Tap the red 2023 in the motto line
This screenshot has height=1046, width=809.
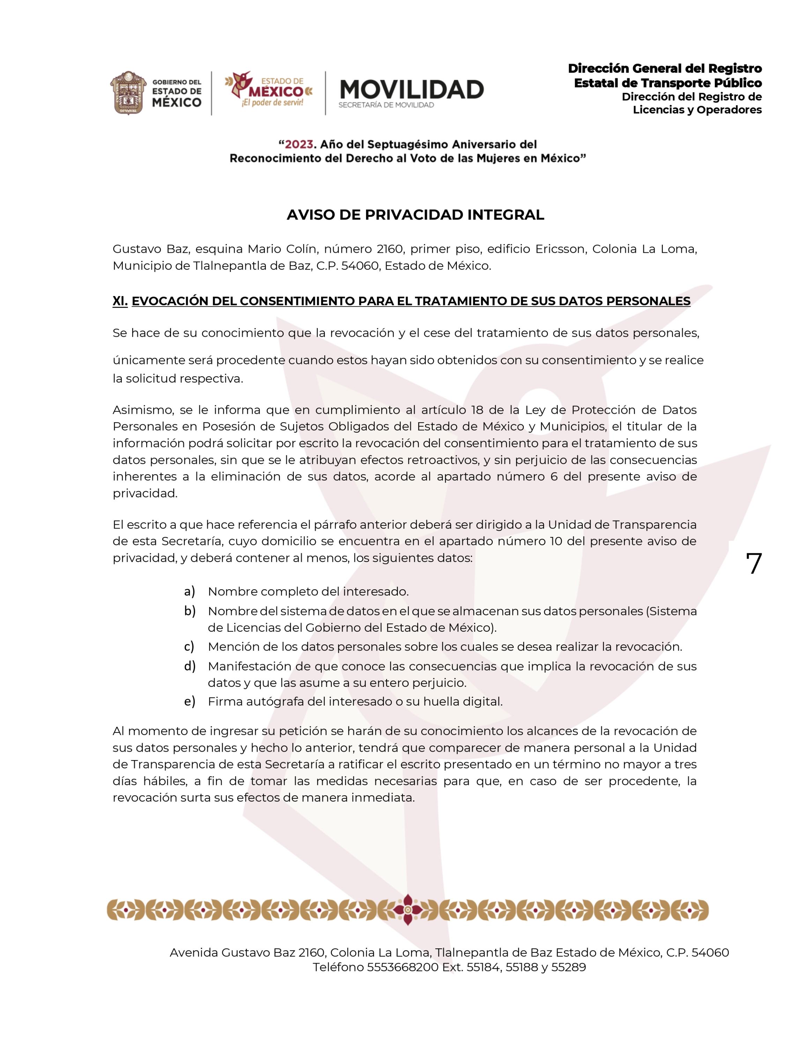[299, 144]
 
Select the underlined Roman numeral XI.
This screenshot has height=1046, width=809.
[120, 301]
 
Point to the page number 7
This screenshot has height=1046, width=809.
[754, 564]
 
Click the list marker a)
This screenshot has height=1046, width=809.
[189, 591]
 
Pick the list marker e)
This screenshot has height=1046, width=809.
[189, 702]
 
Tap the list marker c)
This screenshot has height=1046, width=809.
[189, 646]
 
